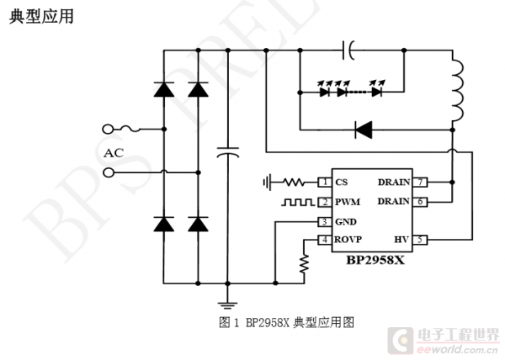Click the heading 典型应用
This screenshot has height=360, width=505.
point(41,16)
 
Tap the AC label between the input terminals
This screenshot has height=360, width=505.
point(114,153)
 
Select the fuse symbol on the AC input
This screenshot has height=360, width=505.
point(130,129)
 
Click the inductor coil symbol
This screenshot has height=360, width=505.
point(458,90)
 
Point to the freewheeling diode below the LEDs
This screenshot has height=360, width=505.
point(364,130)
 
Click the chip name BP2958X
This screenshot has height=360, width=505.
point(375,260)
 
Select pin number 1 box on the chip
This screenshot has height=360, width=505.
point(325,183)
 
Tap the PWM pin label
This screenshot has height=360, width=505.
point(348,202)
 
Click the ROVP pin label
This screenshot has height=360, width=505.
point(348,240)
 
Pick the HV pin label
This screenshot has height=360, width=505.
point(401,240)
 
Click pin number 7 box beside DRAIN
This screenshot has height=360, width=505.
point(420,183)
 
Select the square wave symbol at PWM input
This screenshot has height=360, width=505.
point(298,202)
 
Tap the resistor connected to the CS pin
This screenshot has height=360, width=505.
point(294,183)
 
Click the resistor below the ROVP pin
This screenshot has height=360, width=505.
point(304,264)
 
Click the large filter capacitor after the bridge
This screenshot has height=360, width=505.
point(228,152)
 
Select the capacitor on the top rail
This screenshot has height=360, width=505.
point(348,50)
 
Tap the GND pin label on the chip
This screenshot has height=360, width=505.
point(346,222)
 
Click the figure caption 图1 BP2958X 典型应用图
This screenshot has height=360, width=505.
point(286,322)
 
